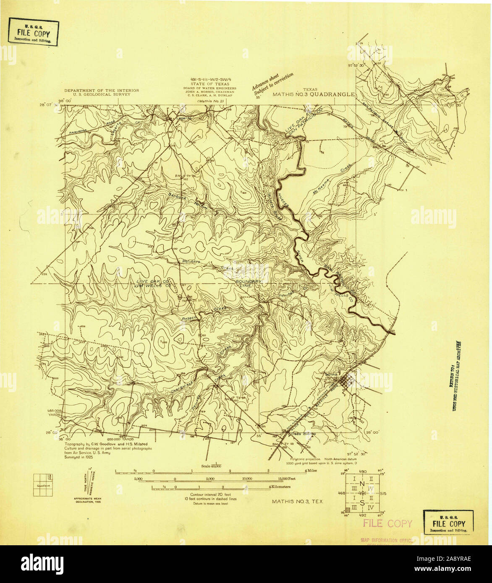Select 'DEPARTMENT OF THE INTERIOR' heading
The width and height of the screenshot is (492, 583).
coord(97,91)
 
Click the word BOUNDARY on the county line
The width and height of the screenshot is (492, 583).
coord(249,281)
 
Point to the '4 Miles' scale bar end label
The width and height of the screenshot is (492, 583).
coord(311,471)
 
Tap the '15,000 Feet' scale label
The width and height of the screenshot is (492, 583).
coord(286,479)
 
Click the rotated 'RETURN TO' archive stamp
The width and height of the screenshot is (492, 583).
coord(456,375)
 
